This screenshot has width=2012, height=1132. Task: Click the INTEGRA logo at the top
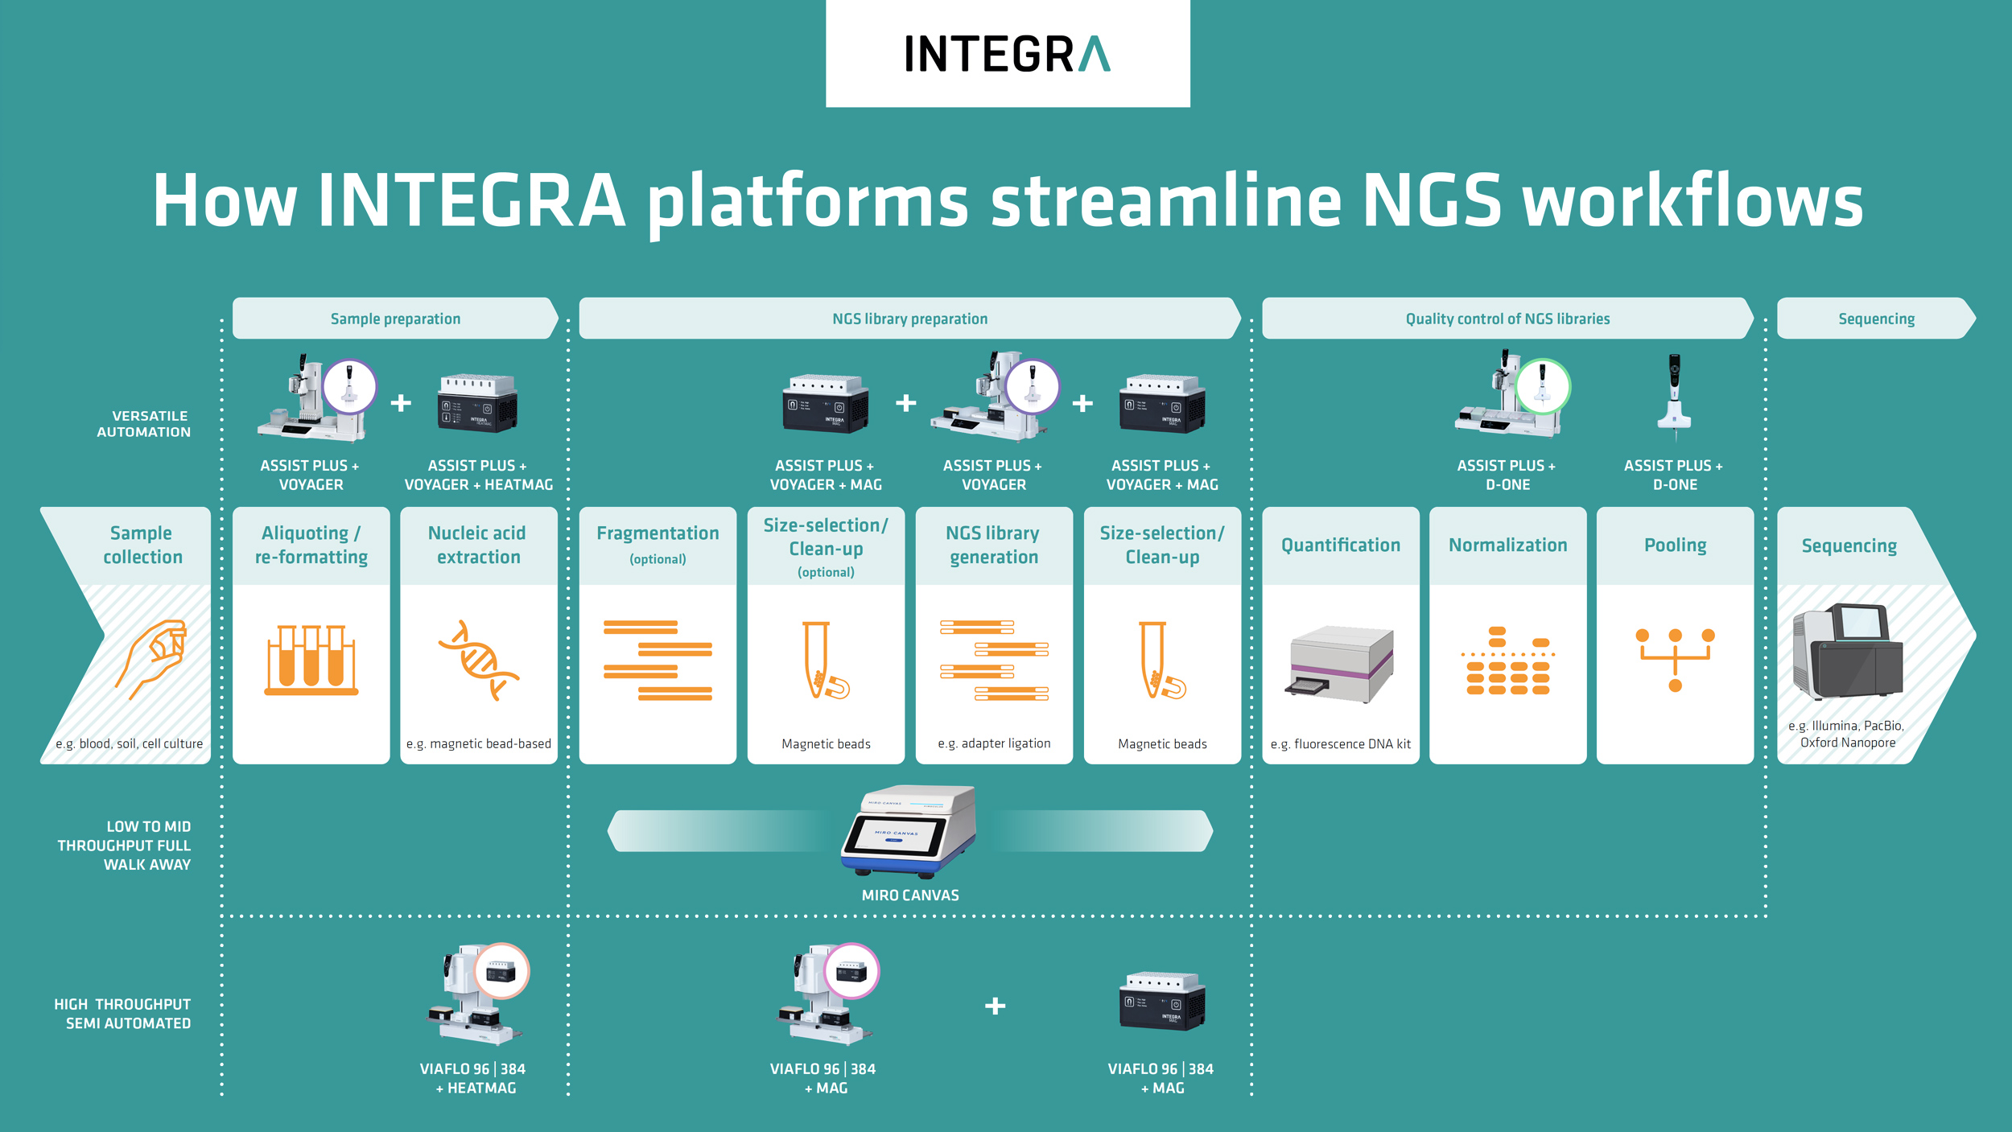point(1007,54)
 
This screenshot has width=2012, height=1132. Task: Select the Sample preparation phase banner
point(395,319)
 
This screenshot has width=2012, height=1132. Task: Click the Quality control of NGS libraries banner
point(1507,319)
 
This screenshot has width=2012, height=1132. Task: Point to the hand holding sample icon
point(152,657)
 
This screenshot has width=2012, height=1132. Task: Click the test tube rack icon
point(311,660)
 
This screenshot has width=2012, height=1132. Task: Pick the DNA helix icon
point(478,660)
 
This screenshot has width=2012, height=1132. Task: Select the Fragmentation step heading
point(658,533)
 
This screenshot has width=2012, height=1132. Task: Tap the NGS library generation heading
point(993,545)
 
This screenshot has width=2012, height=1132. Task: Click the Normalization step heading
point(1507,545)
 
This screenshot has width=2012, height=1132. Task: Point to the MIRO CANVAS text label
point(909,895)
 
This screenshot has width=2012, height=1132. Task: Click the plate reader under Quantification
point(1341,664)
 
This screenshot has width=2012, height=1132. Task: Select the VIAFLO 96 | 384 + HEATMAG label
point(473,1078)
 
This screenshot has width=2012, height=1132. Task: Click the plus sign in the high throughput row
point(995,1006)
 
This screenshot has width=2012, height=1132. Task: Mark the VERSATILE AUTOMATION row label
point(144,424)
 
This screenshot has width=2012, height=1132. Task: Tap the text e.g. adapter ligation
point(994,743)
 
